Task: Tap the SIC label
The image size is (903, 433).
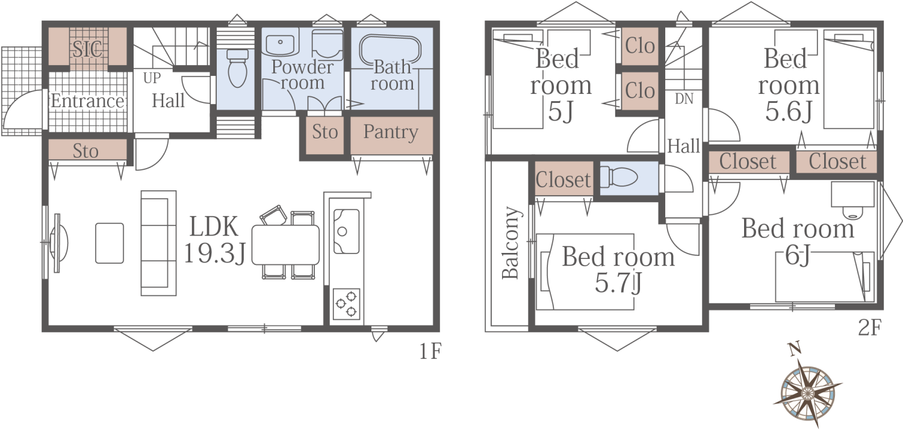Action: (87, 49)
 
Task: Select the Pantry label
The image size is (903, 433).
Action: (391, 132)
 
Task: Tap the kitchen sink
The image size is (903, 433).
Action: (346, 231)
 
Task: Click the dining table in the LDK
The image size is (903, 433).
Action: (285, 245)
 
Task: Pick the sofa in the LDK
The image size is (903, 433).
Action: (158, 243)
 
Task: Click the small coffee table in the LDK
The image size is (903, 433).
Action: (110, 243)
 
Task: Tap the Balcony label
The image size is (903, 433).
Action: (510, 243)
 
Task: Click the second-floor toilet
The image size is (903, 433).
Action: (619, 177)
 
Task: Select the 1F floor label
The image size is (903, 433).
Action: (430, 351)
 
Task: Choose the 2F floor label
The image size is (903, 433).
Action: (869, 327)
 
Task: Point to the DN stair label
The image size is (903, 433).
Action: (684, 99)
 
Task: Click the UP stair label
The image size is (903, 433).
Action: (152, 78)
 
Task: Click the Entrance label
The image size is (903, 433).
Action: (87, 101)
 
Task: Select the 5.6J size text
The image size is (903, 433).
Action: (789, 111)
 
